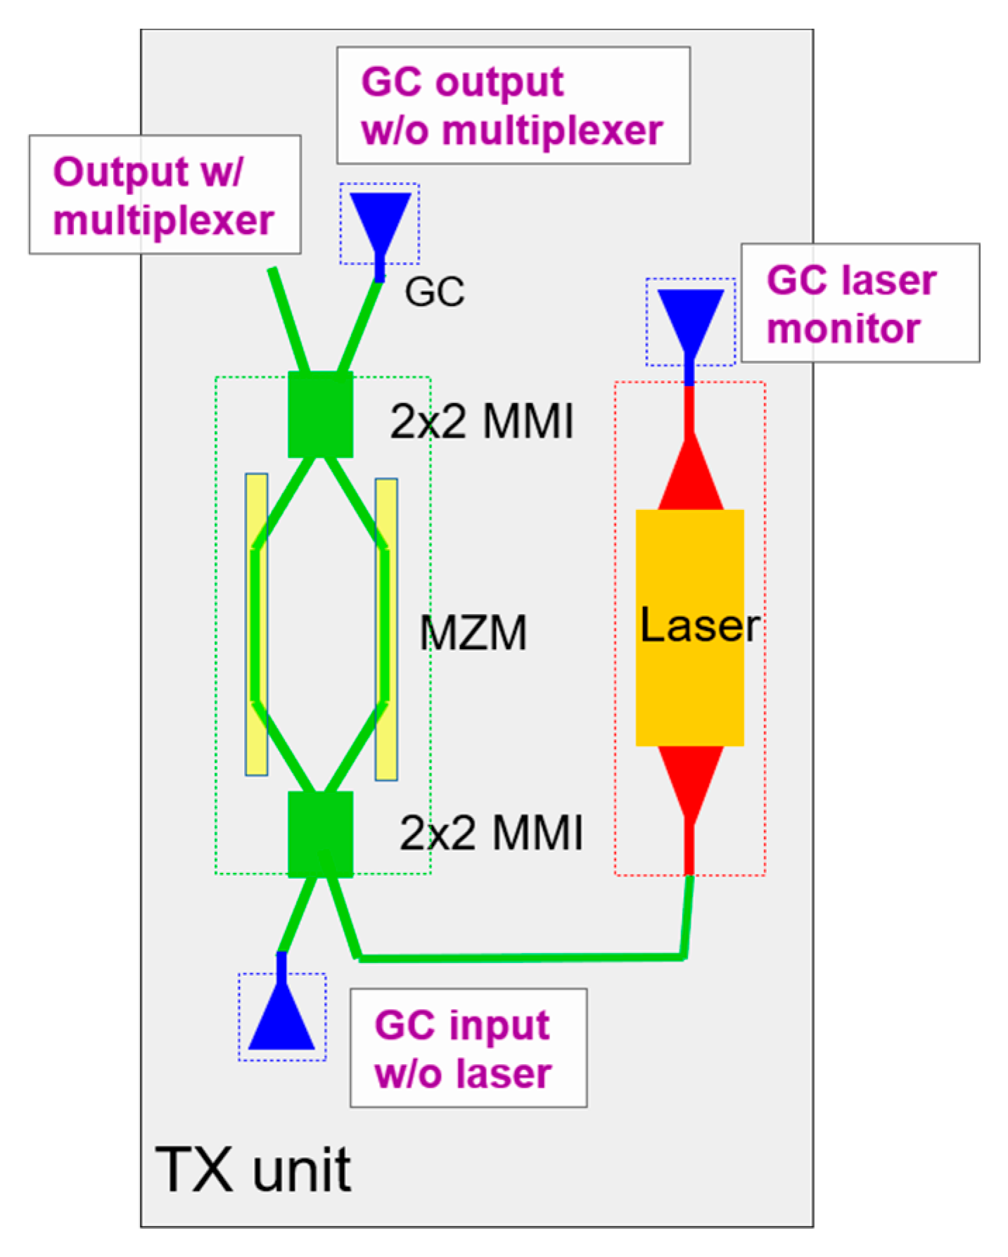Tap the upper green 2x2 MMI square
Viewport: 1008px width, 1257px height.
click(x=321, y=414)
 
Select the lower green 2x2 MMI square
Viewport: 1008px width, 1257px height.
click(x=321, y=834)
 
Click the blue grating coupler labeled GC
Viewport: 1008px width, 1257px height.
click(x=380, y=218)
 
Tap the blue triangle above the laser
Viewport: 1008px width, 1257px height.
click(x=690, y=317)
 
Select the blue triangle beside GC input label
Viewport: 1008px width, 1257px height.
click(x=281, y=1020)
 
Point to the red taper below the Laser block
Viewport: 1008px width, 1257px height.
click(x=690, y=777)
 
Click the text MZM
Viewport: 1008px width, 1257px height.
click(x=473, y=632)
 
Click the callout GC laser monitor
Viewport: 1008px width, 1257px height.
click(x=860, y=303)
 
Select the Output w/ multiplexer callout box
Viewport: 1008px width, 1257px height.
click(x=165, y=195)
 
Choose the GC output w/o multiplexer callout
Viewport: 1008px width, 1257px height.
click(x=513, y=106)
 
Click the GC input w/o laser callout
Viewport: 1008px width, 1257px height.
click(x=468, y=1048)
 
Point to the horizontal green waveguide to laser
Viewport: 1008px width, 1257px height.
click(x=521, y=957)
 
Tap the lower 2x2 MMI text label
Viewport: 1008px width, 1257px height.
click(x=491, y=833)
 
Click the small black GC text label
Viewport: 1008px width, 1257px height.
click(x=434, y=291)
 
